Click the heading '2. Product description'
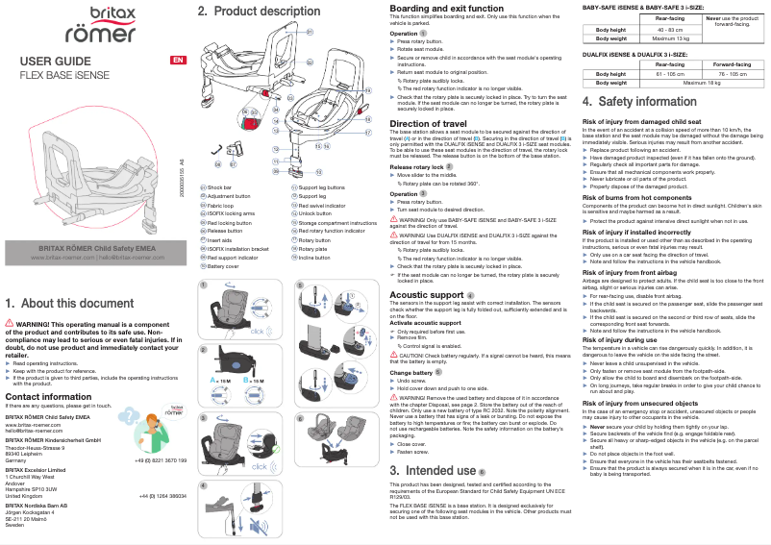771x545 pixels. (x=259, y=12)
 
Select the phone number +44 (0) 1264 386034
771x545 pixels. (x=162, y=494)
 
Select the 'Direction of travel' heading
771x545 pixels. (x=428, y=124)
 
